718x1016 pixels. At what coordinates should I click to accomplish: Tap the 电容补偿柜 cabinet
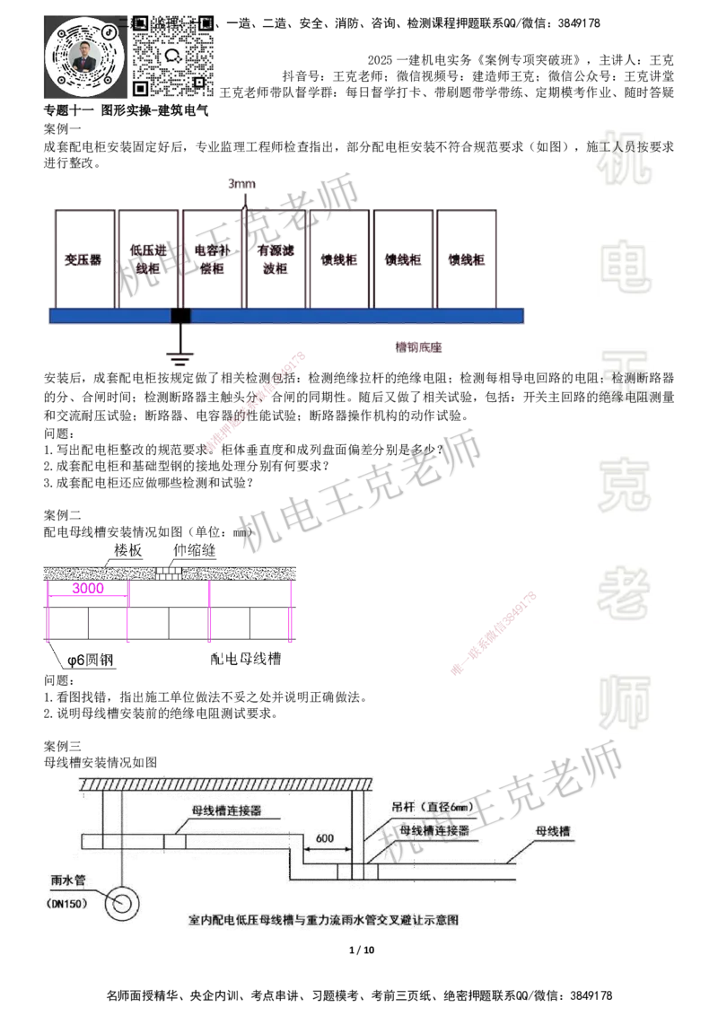[x=213, y=258]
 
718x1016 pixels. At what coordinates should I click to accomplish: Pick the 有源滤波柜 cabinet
[x=276, y=258]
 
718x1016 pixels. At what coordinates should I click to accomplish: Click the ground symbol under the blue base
[x=181, y=360]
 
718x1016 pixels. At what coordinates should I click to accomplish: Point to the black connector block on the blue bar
[x=181, y=315]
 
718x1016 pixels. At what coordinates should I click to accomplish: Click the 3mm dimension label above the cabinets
[x=243, y=186]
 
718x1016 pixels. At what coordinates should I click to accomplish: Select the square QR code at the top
[x=175, y=53]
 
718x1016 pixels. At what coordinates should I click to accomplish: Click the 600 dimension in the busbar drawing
[x=325, y=837]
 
